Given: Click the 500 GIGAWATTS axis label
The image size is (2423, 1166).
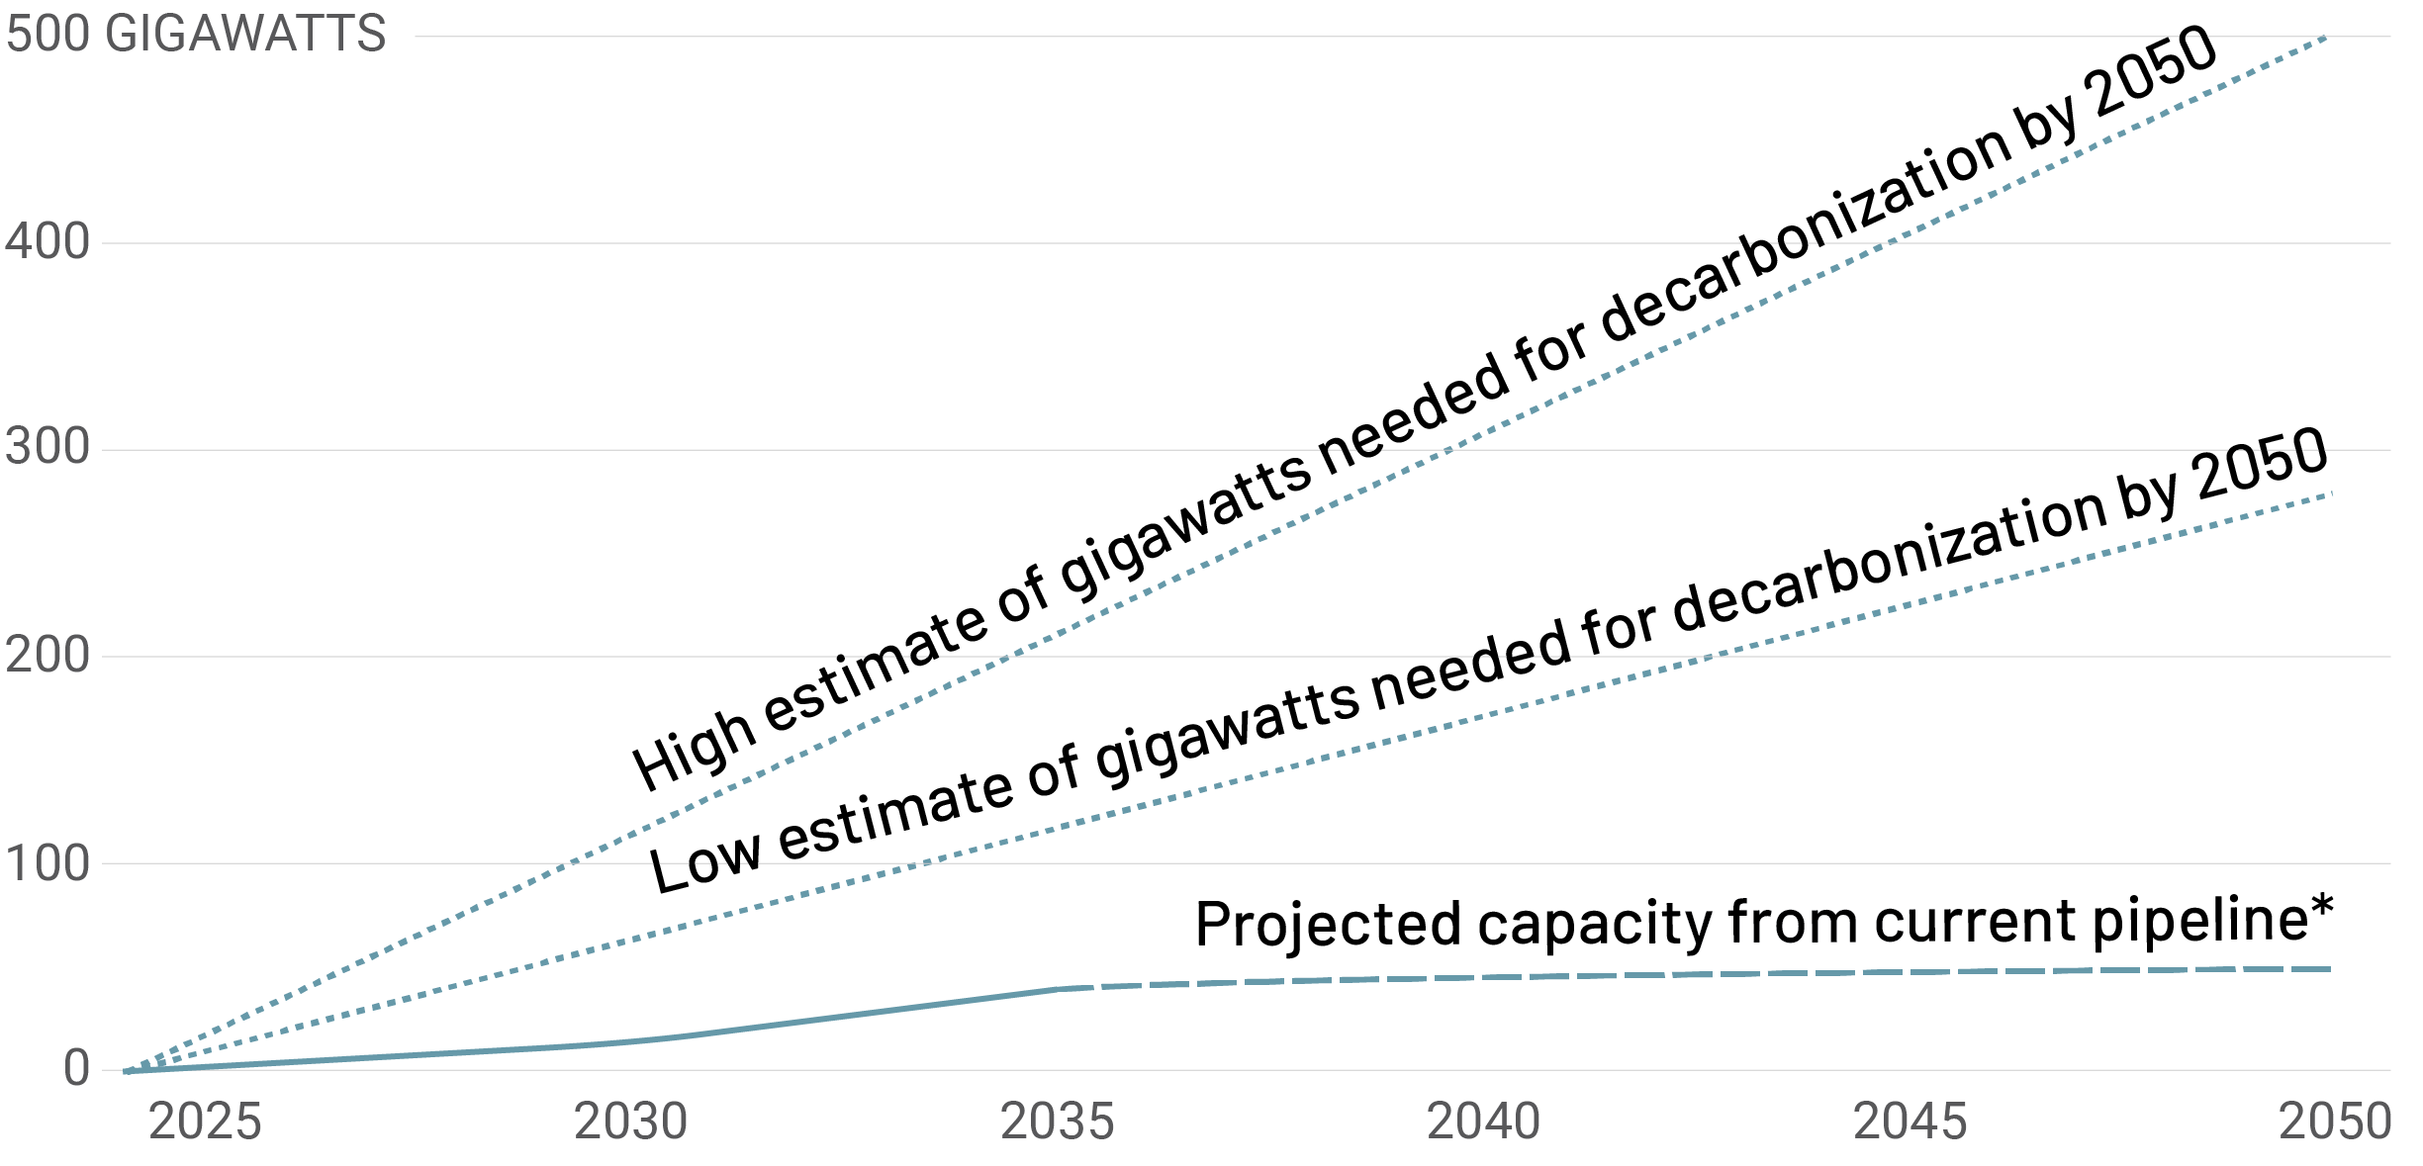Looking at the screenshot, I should tap(196, 35).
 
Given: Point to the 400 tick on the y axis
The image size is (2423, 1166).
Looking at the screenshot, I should tap(47, 241).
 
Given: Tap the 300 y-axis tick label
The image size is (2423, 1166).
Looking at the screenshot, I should tap(47, 448).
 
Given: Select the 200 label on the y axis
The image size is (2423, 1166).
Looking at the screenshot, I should tap(47, 655).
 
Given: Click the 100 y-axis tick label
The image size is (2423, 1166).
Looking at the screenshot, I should tap(47, 863).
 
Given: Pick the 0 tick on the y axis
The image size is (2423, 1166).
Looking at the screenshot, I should tap(76, 1069).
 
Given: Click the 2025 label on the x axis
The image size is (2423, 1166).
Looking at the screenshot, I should tap(205, 1122).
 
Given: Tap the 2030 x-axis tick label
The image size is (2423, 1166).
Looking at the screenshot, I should tap(631, 1122).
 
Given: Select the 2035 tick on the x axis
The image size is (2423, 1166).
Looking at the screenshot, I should tap(1058, 1122).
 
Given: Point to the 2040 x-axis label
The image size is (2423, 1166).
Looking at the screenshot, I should tap(1483, 1122).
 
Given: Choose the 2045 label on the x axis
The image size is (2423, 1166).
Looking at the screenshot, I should tap(1910, 1122).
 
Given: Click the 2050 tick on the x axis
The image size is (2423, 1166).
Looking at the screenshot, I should tap(2335, 1122).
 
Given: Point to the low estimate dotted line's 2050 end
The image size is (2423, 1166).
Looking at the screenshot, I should tap(2331, 493).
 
